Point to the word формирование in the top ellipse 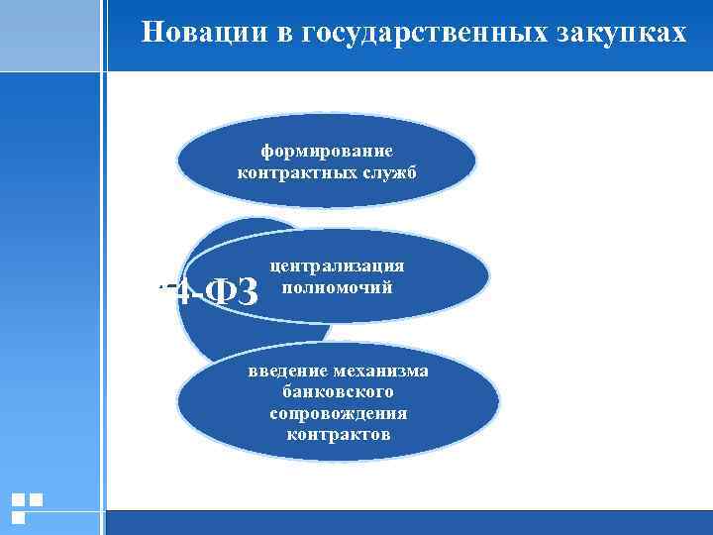pyautogui.click(x=327, y=151)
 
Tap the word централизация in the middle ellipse pyautogui.click(x=337, y=267)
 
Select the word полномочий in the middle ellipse pyautogui.click(x=337, y=287)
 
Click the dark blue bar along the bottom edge pyautogui.click(x=406, y=522)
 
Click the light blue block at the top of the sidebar pyautogui.click(x=50, y=36)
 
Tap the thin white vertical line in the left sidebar pyautogui.click(x=102, y=297)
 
